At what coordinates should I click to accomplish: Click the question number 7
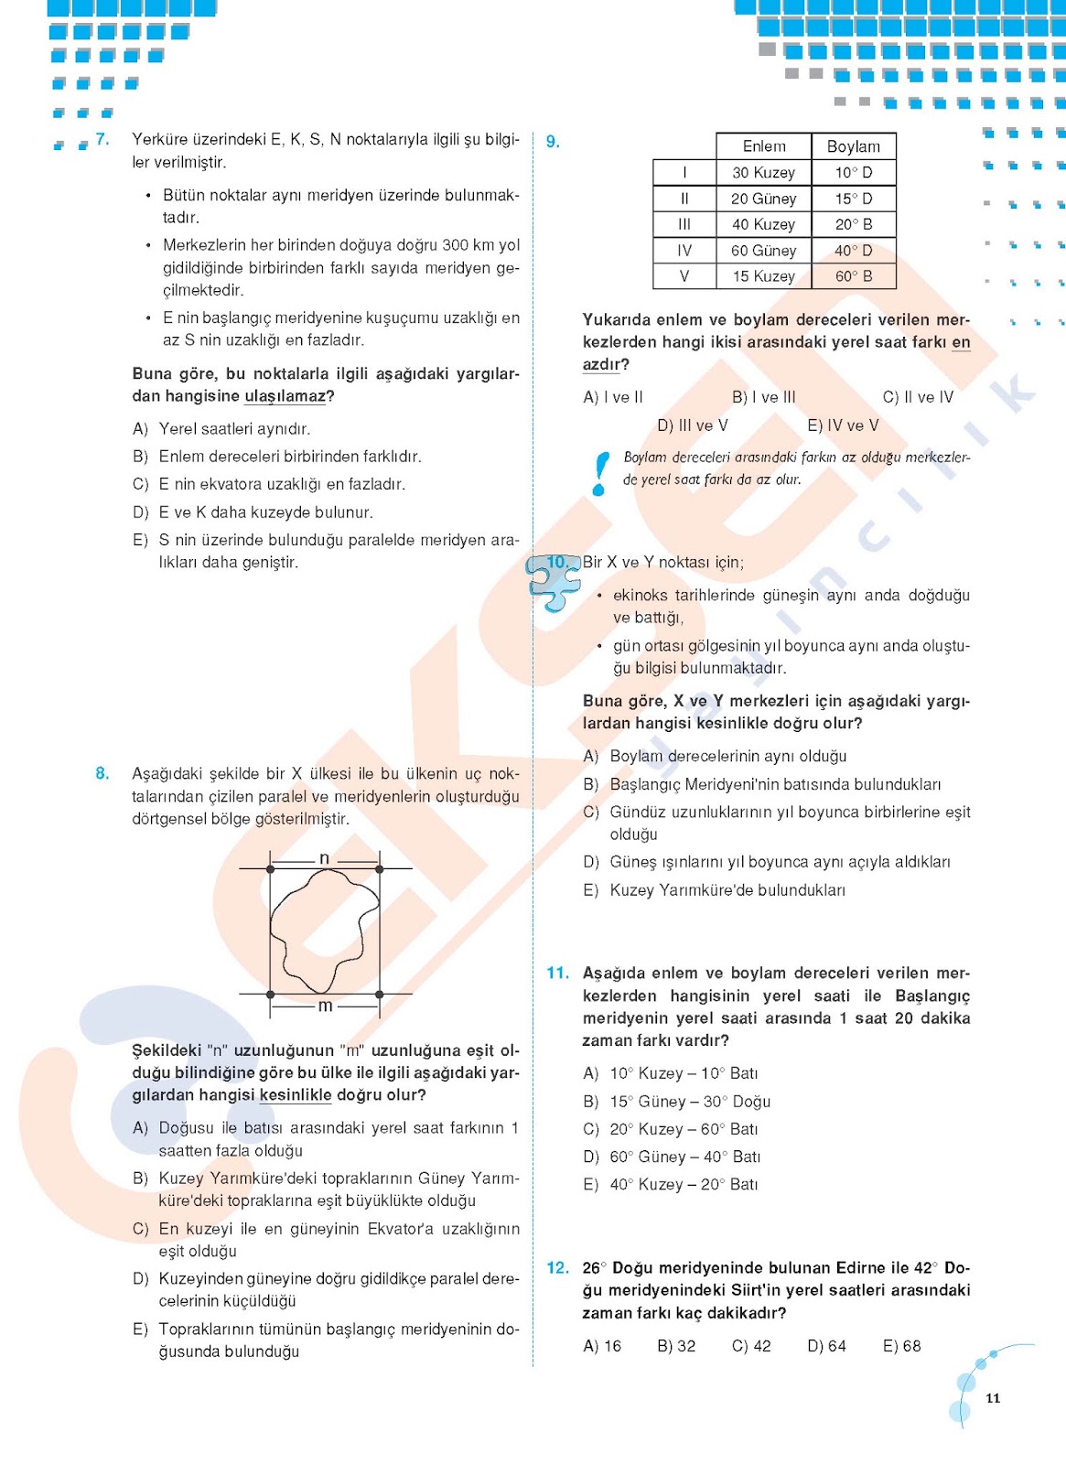tap(102, 139)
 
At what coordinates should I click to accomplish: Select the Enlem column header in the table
tap(764, 146)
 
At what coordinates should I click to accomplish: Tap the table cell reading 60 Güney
tap(764, 250)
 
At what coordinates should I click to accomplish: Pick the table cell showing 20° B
tap(854, 224)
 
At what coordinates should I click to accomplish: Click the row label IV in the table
tap(684, 250)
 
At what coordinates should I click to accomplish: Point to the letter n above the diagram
tap(324, 858)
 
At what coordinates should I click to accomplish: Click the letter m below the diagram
tap(325, 1006)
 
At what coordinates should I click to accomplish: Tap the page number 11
tap(993, 1398)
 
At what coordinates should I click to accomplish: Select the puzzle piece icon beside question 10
tap(555, 580)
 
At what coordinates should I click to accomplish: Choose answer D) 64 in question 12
tap(826, 1346)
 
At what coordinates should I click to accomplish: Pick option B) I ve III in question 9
tap(764, 397)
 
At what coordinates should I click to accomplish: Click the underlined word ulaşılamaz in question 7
tap(285, 396)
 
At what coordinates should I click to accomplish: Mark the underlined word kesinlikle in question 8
tap(296, 1095)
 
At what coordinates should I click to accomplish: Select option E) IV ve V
tap(843, 425)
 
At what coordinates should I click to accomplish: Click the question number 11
tap(557, 973)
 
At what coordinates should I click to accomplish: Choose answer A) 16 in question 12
tap(602, 1346)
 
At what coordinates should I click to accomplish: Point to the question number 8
tap(102, 773)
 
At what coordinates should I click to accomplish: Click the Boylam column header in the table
tap(854, 146)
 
